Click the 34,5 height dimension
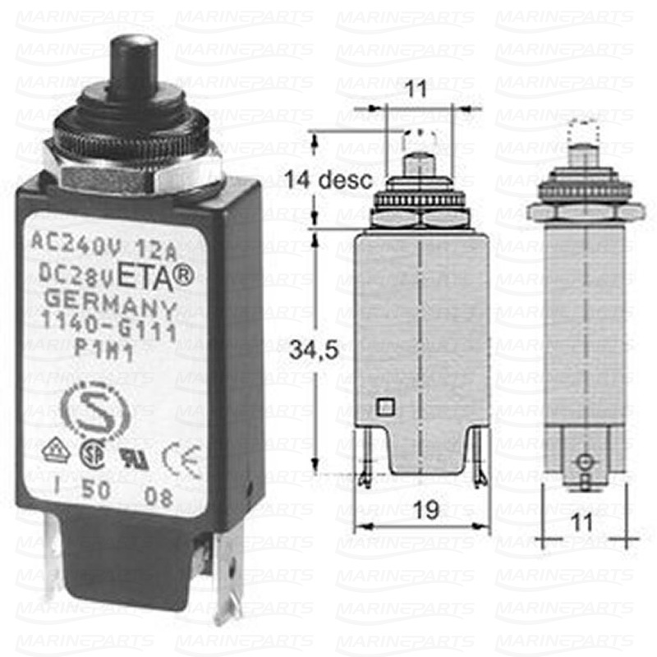pos(302,351)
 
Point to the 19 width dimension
pos(424,511)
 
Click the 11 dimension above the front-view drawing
pos(417,90)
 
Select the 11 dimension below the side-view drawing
pos(582,521)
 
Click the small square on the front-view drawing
pos(384,406)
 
